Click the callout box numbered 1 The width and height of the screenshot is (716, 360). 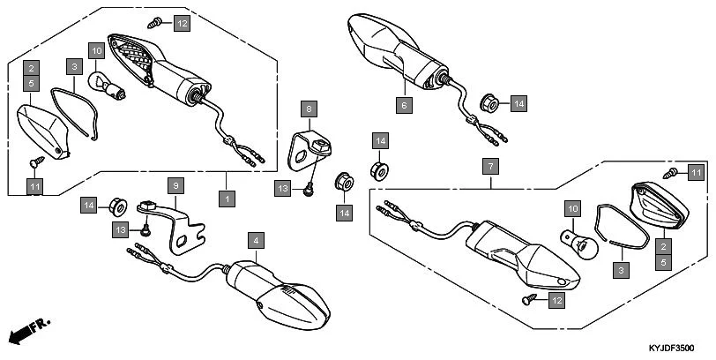click(x=227, y=199)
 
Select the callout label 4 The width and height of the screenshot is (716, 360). click(x=255, y=240)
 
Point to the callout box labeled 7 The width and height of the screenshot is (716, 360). click(x=489, y=166)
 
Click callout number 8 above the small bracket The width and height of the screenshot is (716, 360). click(x=309, y=109)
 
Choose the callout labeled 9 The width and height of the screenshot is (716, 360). click(x=175, y=186)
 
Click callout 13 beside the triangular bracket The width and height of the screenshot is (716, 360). click(x=283, y=188)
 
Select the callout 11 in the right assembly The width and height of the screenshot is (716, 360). click(x=694, y=172)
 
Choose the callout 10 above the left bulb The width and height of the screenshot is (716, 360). click(x=95, y=51)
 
